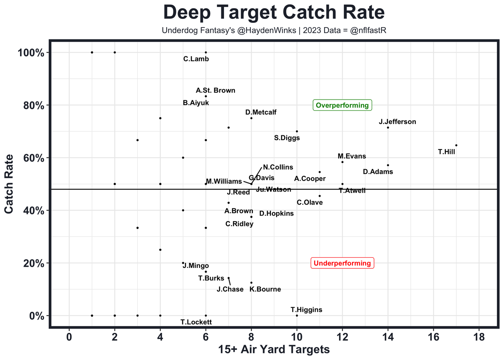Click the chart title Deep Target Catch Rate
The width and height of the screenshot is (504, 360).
[x=274, y=13]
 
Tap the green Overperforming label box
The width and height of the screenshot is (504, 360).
[x=342, y=105]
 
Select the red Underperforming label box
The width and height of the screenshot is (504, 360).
[x=342, y=263]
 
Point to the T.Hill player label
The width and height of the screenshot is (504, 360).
[x=447, y=151]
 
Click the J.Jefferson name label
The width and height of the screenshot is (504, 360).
[x=397, y=122]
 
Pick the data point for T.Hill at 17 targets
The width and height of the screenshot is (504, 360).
[x=456, y=145]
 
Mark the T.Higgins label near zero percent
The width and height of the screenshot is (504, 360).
[x=306, y=310]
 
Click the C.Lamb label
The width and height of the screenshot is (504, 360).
[x=196, y=59]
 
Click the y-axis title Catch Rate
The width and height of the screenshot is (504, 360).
[x=9, y=184]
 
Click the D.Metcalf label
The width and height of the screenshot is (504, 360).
[x=261, y=113]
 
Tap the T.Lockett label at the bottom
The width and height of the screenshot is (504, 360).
[x=196, y=322]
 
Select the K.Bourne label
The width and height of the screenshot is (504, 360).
[x=265, y=290]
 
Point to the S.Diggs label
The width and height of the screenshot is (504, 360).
[x=287, y=138]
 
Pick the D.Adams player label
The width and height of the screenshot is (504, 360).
[x=378, y=172]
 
